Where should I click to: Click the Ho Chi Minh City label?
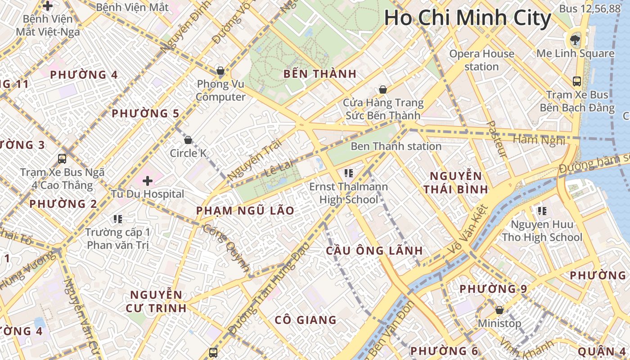pyautogui.click(x=467, y=18)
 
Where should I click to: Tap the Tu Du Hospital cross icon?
pyautogui.click(x=148, y=181)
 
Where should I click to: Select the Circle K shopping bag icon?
pyautogui.click(x=188, y=140)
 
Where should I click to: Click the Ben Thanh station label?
pyautogui.click(x=396, y=146)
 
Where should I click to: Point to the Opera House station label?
pyautogui.click(x=481, y=60)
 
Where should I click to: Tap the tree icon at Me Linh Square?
pyautogui.click(x=575, y=40)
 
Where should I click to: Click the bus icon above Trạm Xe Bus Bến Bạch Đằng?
pyautogui.click(x=577, y=81)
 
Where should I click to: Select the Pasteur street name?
pyautogui.click(x=497, y=139)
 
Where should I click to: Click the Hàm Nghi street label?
pyautogui.click(x=539, y=140)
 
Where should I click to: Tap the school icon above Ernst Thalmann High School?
pyautogui.click(x=348, y=173)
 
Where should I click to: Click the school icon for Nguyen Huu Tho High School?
pyautogui.click(x=542, y=211)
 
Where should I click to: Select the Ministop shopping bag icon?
pyautogui.click(x=499, y=310)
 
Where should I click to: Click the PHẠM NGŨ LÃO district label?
pyautogui.click(x=245, y=211)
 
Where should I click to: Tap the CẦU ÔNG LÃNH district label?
pyautogui.click(x=374, y=251)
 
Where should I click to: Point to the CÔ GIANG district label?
pyautogui.click(x=306, y=320)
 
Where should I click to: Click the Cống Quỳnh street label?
pyautogui.click(x=226, y=248)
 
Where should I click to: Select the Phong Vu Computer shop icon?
pyautogui.click(x=220, y=71)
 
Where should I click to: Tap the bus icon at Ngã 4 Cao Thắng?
pyautogui.click(x=62, y=158)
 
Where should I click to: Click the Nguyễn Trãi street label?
pyautogui.click(x=255, y=160)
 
